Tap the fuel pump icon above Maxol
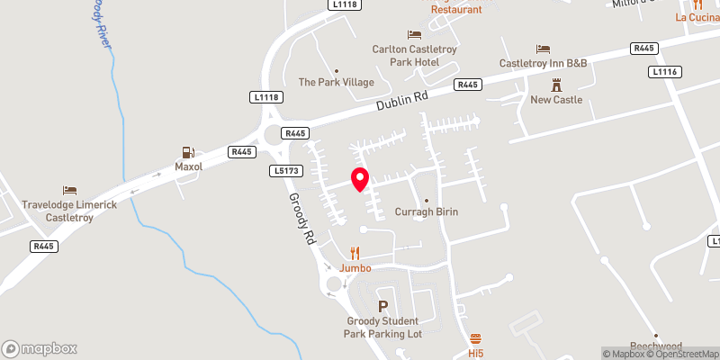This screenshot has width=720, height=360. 188,153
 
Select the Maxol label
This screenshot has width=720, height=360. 188,166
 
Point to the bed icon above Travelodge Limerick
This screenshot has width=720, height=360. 69,190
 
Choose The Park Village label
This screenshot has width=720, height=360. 336,82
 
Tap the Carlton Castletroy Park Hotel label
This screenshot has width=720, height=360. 406,55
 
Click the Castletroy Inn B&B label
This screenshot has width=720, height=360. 543,63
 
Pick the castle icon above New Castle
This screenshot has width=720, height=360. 556,85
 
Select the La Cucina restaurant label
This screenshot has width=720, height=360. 697,17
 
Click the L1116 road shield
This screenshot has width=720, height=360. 665,71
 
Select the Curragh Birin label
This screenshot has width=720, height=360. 427,211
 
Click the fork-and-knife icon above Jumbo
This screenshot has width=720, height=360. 355,254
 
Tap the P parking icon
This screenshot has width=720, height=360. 384,307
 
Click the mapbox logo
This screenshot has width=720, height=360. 40,348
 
